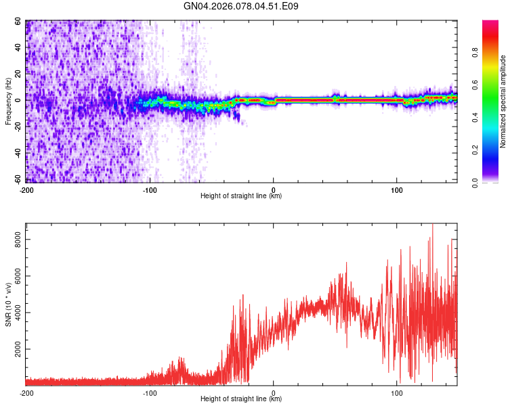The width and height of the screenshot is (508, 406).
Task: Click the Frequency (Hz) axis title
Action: point(8,101)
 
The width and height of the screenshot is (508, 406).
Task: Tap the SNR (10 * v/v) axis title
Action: point(8,304)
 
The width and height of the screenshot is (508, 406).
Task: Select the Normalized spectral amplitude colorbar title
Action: point(503,101)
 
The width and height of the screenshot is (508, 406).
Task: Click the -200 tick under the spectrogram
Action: point(26,190)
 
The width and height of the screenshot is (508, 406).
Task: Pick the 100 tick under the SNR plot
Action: point(396,392)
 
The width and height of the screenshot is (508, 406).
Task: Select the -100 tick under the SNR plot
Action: point(150,392)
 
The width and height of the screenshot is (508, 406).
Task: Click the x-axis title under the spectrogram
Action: point(241,196)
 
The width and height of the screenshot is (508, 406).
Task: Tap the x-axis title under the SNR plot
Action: point(241,399)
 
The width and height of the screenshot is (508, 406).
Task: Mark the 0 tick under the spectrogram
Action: point(274,190)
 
